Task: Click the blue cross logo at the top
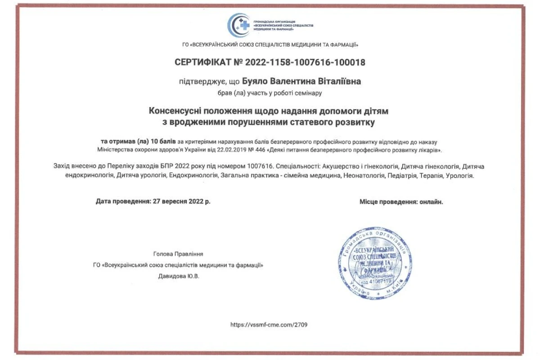tap(239, 25)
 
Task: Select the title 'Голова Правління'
tap(178, 254)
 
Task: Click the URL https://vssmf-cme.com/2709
tap(269, 324)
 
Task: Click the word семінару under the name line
tap(310, 93)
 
